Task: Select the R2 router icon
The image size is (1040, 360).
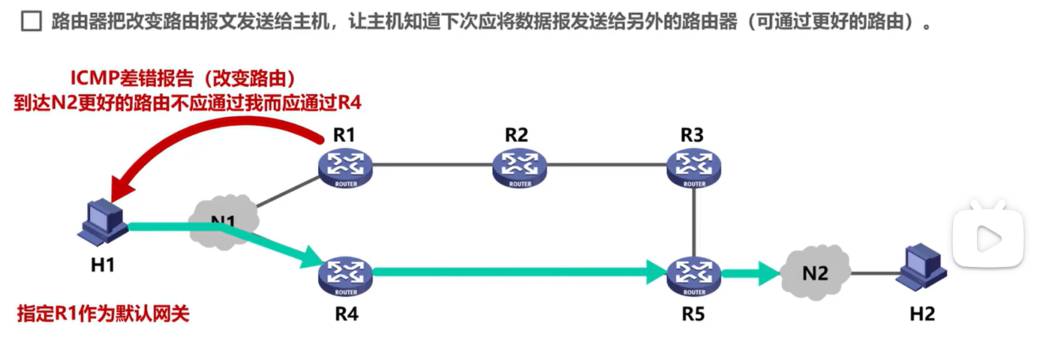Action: click(519, 167)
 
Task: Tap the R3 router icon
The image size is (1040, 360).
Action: click(694, 167)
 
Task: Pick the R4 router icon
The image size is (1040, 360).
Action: click(346, 275)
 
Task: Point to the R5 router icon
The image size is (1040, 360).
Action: click(694, 275)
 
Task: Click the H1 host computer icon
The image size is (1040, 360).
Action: click(102, 220)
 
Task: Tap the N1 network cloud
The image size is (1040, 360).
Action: click(225, 220)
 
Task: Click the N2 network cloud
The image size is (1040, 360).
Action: click(815, 273)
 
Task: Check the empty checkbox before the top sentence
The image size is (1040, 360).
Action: click(31, 22)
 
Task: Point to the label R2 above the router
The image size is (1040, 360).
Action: click(516, 135)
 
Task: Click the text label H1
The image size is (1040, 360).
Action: click(103, 264)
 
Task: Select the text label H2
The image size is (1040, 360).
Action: click(922, 313)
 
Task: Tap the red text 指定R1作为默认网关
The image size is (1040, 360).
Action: click(103, 313)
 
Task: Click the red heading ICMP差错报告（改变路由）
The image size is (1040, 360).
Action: click(182, 79)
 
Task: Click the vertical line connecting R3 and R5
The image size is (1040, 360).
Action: click(694, 221)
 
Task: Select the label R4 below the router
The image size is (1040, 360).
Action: click(346, 313)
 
